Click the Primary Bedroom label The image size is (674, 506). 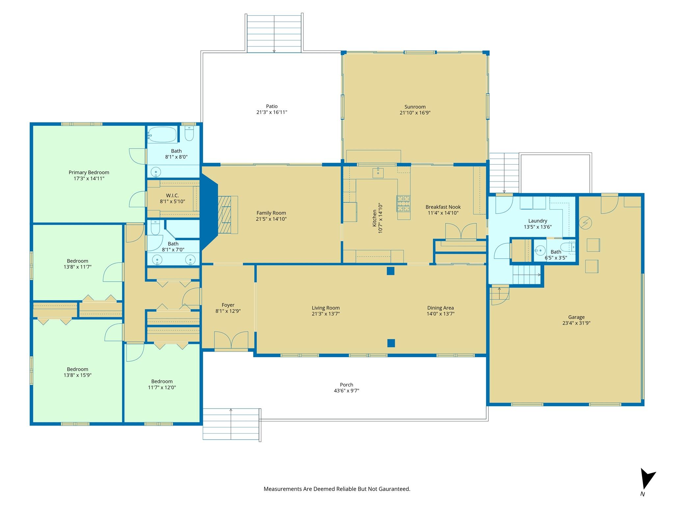tap(89, 172)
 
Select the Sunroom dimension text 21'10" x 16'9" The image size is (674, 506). tap(415, 113)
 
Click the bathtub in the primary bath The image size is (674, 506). tap(162, 135)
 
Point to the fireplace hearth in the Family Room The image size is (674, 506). tap(228, 215)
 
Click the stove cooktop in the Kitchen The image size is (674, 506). tap(403, 203)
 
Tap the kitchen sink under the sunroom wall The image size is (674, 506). tap(378, 173)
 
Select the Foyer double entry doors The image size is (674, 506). tap(231, 340)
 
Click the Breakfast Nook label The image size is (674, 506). tap(443, 207)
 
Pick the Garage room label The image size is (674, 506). tap(576, 317)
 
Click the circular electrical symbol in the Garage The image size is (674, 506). tap(585, 223)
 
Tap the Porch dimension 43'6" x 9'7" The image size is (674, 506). tap(347, 391)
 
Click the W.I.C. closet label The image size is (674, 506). tap(172, 195)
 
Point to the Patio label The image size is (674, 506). tap(272, 106)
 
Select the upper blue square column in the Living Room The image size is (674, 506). tap(391, 271)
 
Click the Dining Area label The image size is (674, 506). tap(440, 308)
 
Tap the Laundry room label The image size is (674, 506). tap(538, 221)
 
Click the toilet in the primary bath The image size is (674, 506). tap(189, 133)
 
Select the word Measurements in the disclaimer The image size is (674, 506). tap(283, 489)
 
